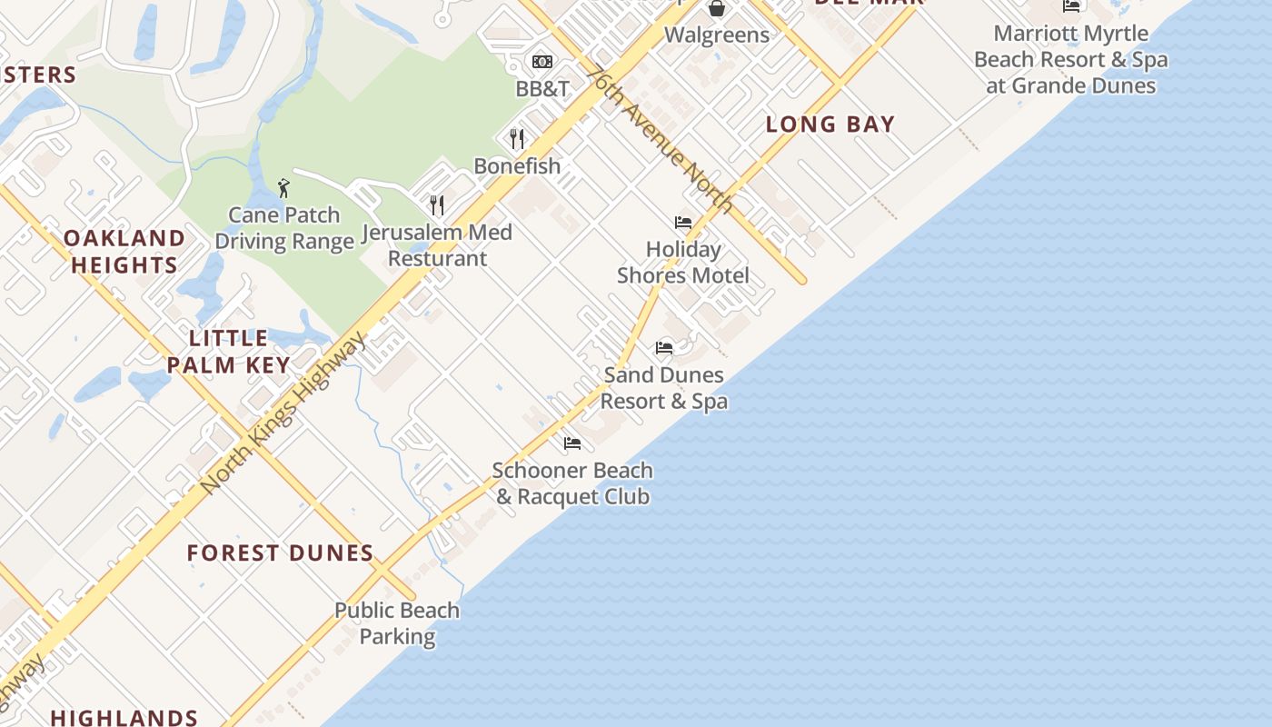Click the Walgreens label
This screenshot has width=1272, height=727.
[x=717, y=35]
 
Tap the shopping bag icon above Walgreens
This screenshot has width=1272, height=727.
[x=717, y=9]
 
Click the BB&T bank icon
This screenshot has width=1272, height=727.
[x=542, y=62]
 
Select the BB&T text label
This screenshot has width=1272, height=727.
[x=542, y=88]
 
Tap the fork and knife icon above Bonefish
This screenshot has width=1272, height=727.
[x=517, y=138]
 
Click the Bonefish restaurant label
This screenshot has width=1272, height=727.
[x=517, y=166]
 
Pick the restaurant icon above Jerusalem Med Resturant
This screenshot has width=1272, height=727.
[x=437, y=204]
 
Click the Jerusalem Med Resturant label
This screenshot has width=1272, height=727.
[x=437, y=245]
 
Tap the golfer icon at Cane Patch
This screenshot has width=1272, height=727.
[x=283, y=188]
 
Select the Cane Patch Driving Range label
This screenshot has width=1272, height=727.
[x=284, y=228]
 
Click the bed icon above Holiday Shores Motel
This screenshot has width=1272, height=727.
[x=683, y=222]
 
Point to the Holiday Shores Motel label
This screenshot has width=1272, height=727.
[x=683, y=262]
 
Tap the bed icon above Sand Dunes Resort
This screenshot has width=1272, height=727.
[x=664, y=347]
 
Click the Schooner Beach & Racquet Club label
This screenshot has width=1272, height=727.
[x=572, y=483]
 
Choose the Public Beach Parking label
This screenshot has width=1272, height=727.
[x=397, y=622]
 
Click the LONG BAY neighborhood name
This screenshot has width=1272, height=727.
[x=830, y=124]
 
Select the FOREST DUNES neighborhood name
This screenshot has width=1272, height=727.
[x=280, y=553]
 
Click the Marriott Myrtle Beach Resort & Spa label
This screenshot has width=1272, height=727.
[x=1071, y=60]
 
